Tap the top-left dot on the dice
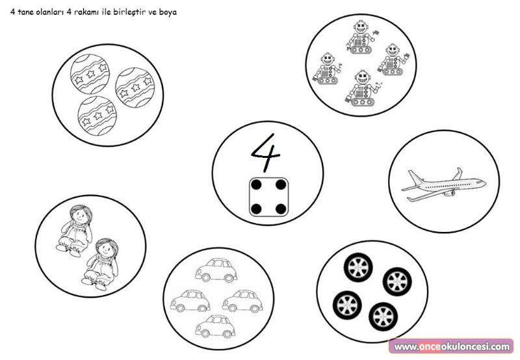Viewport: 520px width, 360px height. tap(256, 185)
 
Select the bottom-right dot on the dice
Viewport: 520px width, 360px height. tap(281, 209)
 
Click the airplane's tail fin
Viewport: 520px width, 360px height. tap(458, 174)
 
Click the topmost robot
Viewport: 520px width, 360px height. tap(361, 37)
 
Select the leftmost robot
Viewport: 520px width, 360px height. tap(328, 69)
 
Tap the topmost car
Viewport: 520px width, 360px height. tap(216, 270)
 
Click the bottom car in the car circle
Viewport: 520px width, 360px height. tap(216, 326)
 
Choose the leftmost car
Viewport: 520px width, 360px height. tap(190, 301)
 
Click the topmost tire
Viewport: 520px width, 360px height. tap(358, 267)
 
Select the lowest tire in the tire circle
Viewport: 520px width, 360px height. tap(383, 316)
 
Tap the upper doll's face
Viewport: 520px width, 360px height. tap(80, 216)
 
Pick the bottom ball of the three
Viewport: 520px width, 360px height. tap(97, 116)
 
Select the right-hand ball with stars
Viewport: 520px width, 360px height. tap(135, 88)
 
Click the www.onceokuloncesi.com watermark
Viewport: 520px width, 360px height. tap(451, 347)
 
